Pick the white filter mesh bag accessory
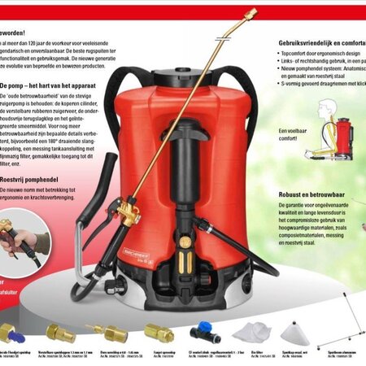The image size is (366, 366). [252, 332]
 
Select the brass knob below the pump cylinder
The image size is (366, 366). [185, 242]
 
